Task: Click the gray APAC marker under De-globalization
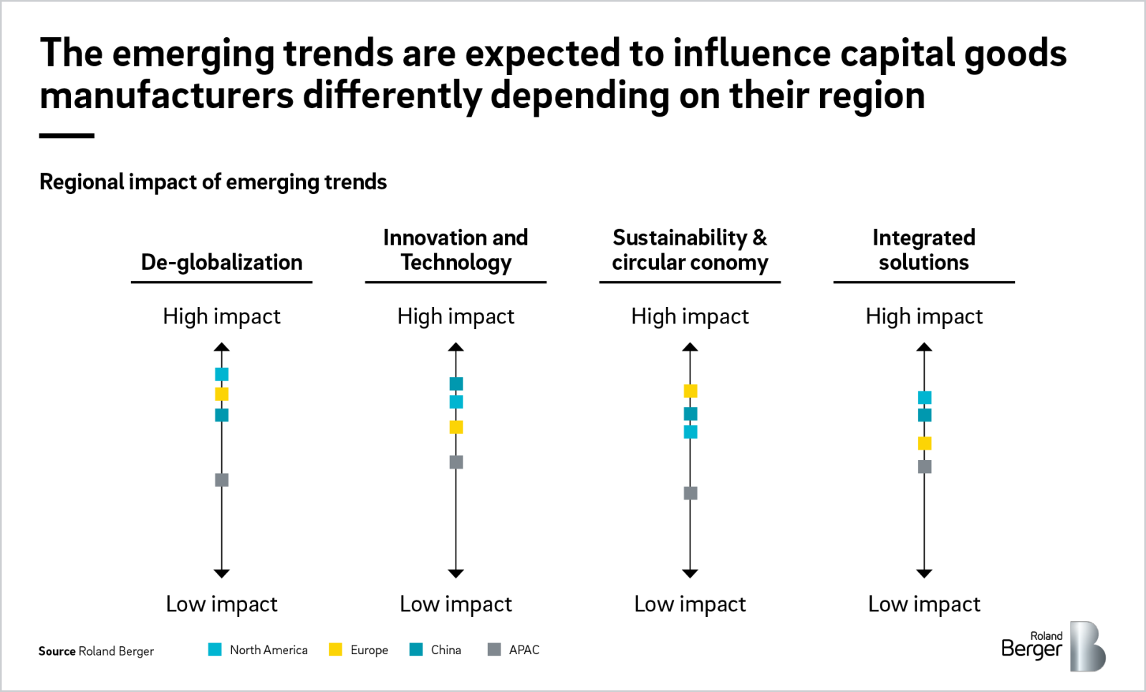point(222,479)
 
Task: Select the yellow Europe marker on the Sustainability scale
point(690,391)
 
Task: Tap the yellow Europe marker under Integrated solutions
point(925,443)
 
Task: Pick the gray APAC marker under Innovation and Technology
point(456,462)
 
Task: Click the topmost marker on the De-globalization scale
point(222,374)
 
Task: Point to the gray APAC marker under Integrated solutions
point(925,467)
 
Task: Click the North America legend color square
point(215,649)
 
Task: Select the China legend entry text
point(446,650)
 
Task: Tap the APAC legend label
point(524,650)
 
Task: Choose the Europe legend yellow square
point(335,649)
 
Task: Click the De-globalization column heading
point(221,262)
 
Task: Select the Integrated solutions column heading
point(923,250)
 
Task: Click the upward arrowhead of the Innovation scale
point(456,347)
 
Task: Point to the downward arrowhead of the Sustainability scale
point(690,573)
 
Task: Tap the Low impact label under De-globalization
point(221,604)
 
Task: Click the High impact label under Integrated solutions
point(923,316)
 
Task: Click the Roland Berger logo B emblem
point(1087,646)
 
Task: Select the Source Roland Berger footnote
point(96,651)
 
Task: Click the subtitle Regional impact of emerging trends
point(213,182)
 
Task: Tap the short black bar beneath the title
point(67,135)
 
